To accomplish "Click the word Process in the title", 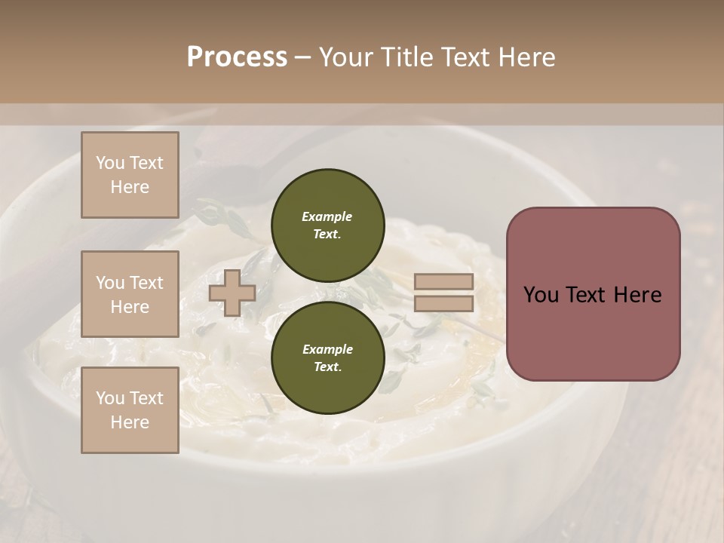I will pyautogui.click(x=237, y=57).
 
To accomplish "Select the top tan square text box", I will pyautogui.click(x=130, y=175).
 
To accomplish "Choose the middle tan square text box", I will pyautogui.click(x=130, y=294).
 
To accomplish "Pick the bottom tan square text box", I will pyautogui.click(x=130, y=410).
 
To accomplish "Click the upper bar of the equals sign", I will pyautogui.click(x=443, y=282).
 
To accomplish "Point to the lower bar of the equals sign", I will pyautogui.click(x=443, y=304).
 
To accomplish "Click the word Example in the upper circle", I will pyautogui.click(x=327, y=216).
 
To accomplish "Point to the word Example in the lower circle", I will pyautogui.click(x=327, y=349).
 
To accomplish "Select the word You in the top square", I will pyautogui.click(x=110, y=163).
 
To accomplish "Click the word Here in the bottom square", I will pyautogui.click(x=130, y=422).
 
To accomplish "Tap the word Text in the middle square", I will pyautogui.click(x=146, y=283).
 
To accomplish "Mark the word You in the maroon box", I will pyautogui.click(x=541, y=295).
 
